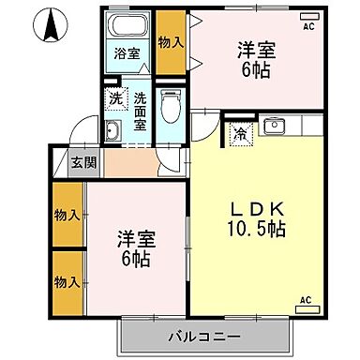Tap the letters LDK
(x=248, y=208)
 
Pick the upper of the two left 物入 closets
(x=66, y=215)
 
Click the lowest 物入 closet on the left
(x=66, y=281)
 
